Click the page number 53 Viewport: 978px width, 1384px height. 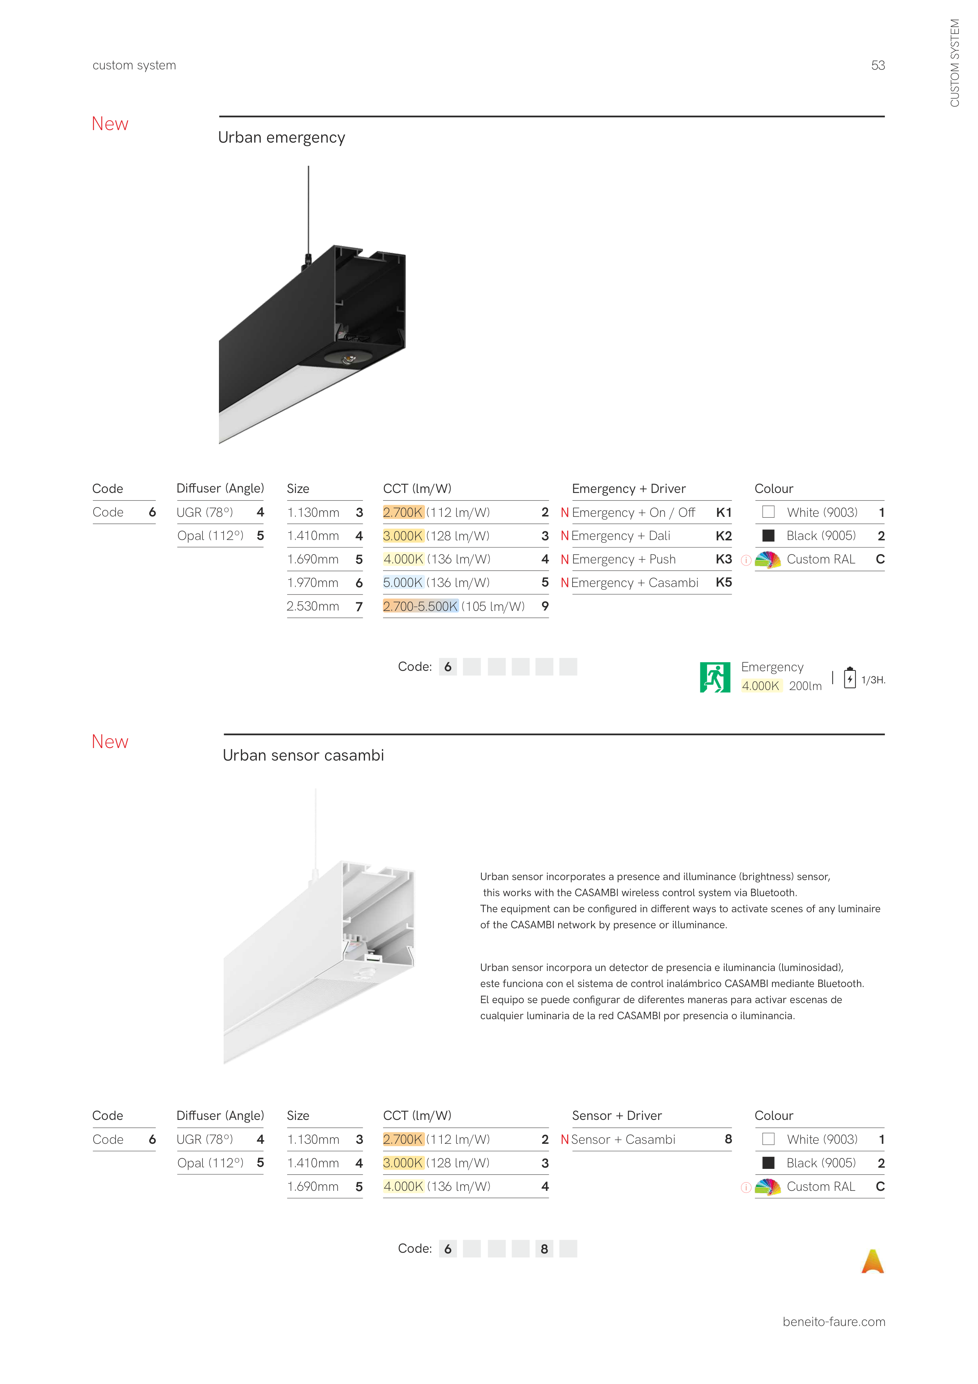coord(877,65)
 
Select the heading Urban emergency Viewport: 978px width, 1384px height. coord(281,138)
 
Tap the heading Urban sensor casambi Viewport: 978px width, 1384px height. coord(303,755)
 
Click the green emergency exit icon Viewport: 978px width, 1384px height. coord(715,677)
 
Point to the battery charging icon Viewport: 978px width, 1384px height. coord(849,678)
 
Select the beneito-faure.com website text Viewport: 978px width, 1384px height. coord(833,1321)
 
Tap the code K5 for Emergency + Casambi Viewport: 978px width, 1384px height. coord(723,582)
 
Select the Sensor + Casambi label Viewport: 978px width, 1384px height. coord(623,1139)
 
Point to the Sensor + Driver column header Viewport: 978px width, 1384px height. coord(616,1116)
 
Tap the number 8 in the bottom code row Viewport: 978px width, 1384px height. coord(544,1248)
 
